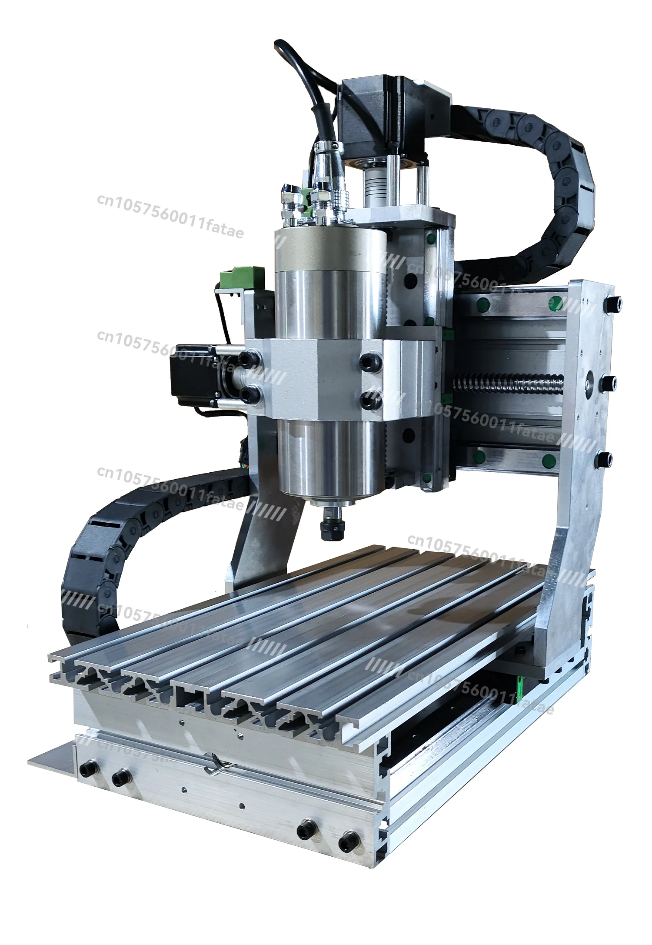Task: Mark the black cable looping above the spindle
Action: (300, 78)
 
